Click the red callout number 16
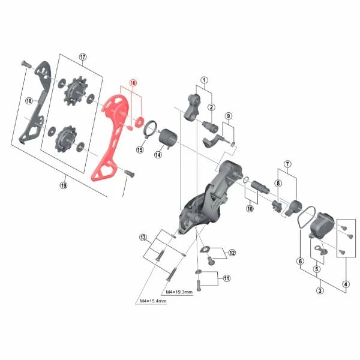133,83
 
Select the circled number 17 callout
83,57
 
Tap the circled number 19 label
64,185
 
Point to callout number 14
158,155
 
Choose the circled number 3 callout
320,290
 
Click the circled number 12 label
232,253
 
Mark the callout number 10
250,208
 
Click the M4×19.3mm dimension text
179,292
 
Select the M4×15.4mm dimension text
153,301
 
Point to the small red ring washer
140,122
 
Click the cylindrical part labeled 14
168,137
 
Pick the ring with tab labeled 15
151,128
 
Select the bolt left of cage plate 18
26,64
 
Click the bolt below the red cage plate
129,173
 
